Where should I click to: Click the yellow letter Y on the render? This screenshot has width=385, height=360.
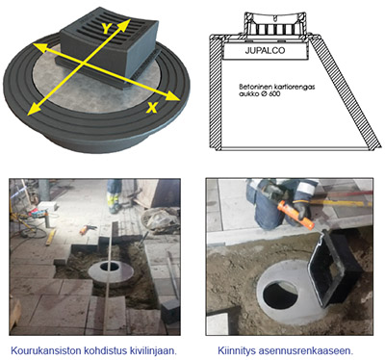point(106,28)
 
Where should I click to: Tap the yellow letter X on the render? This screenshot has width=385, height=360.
point(152,108)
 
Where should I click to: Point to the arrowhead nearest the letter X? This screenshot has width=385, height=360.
point(173,96)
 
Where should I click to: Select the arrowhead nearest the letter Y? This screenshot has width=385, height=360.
point(125,24)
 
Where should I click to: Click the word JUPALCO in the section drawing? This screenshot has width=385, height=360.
point(265,50)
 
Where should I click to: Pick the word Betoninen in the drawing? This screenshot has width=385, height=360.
point(252,87)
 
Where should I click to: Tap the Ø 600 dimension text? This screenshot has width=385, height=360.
point(271,93)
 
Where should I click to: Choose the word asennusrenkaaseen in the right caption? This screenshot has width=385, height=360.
point(306,350)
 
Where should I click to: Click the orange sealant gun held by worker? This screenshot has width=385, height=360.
point(295,214)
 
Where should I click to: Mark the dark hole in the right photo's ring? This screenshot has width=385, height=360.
point(280,296)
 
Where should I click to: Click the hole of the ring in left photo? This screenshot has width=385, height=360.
point(109,267)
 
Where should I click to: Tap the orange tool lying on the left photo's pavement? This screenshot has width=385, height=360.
point(88,228)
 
